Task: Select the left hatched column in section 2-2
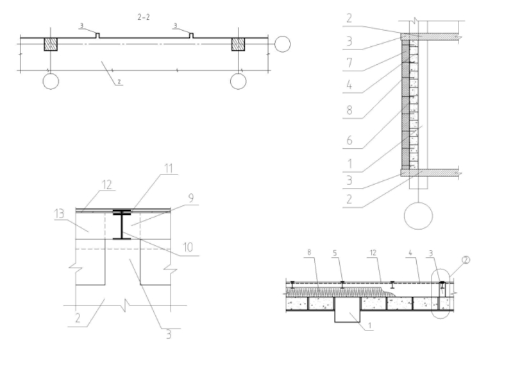[x=51, y=44]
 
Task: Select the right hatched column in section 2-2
[x=238, y=44]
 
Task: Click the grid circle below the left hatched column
[x=51, y=81]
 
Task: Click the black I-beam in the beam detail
[x=121, y=225]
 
